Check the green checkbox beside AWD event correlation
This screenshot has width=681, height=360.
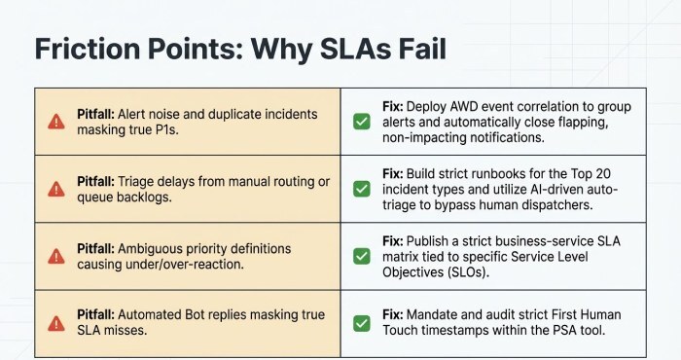click(x=361, y=122)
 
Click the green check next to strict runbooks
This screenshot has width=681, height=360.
click(x=361, y=189)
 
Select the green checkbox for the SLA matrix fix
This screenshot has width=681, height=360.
click(x=361, y=256)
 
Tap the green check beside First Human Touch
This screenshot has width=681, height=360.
click(x=361, y=323)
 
